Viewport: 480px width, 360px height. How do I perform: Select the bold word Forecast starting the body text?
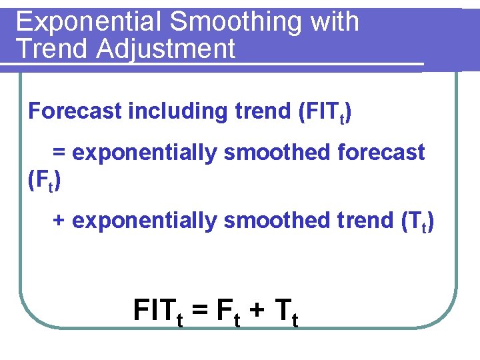[x=75, y=111]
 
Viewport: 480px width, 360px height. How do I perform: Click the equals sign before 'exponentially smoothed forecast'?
[x=59, y=153]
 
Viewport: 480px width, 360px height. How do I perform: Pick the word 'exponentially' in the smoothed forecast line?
[x=145, y=153]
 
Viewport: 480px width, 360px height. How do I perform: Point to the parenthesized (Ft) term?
[x=45, y=181]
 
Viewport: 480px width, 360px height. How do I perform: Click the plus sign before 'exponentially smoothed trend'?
[x=59, y=221]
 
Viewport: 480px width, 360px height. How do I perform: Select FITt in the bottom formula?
[x=158, y=311]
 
